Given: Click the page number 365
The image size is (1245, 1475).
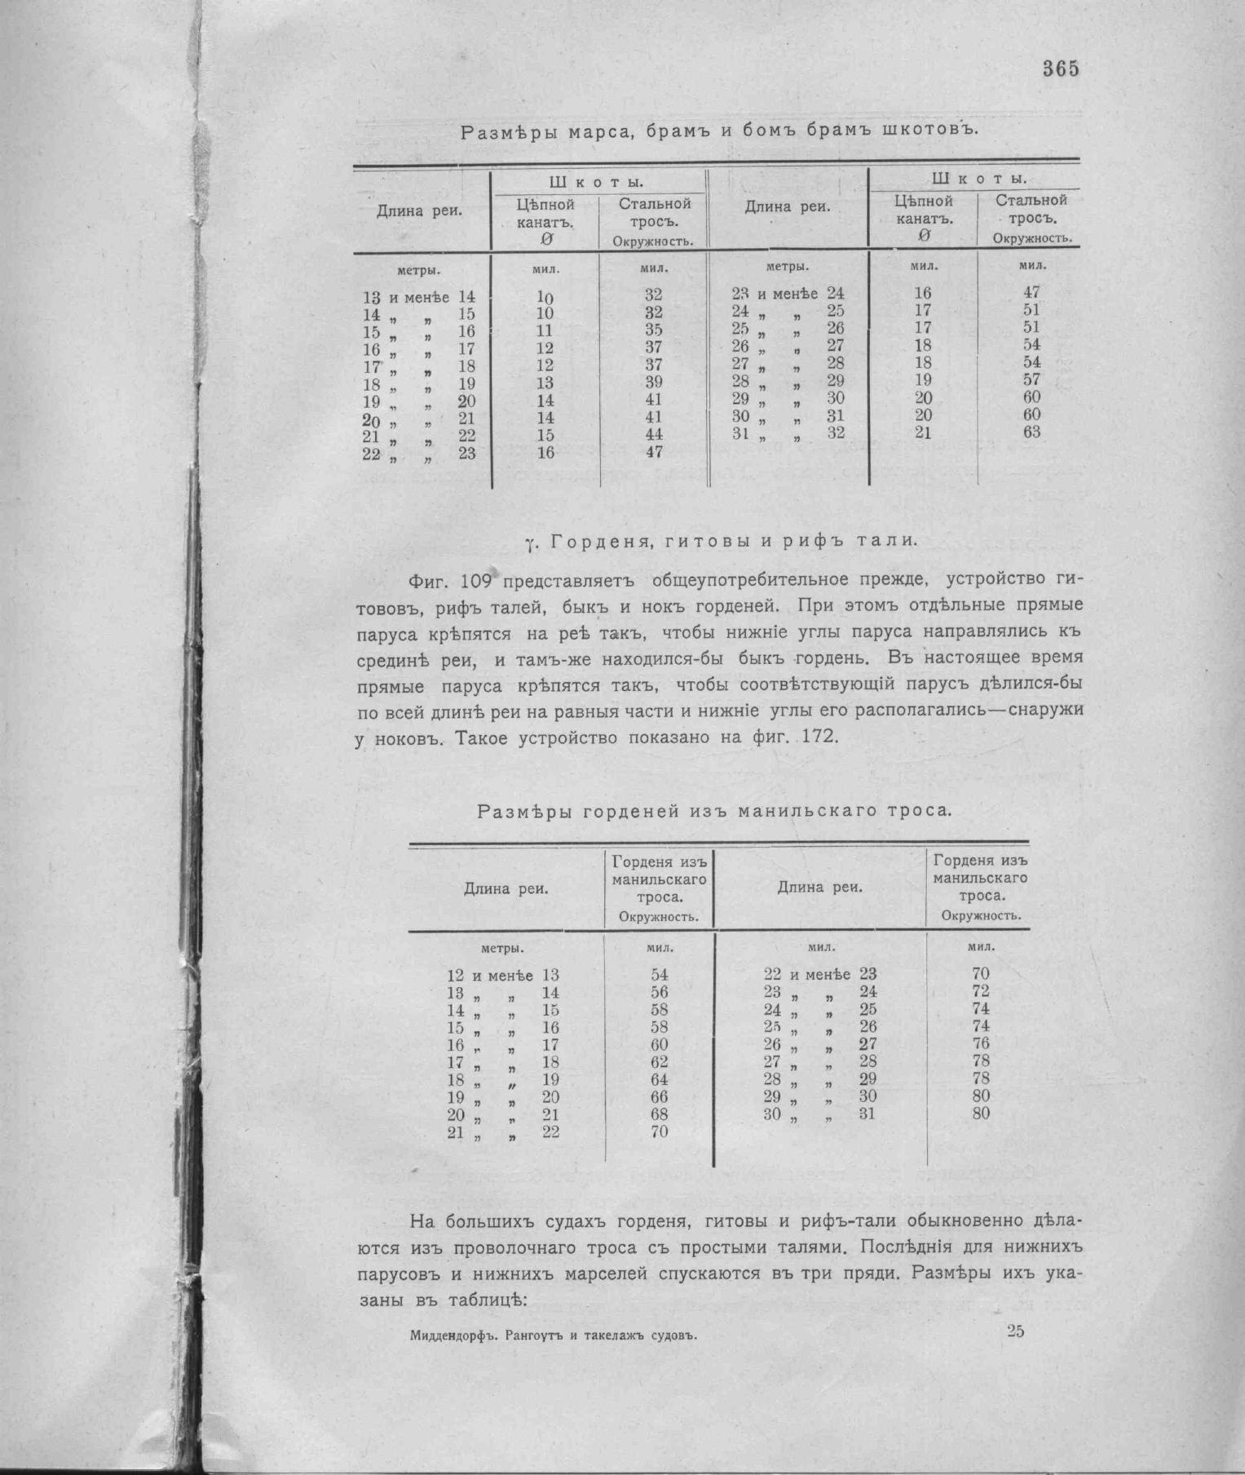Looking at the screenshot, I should [1061, 69].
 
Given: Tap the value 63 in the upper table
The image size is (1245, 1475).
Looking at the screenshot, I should [1031, 432].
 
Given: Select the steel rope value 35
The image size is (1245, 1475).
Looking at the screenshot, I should [653, 330].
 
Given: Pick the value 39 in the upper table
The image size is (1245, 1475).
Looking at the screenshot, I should [653, 383].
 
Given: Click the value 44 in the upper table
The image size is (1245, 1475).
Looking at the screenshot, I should [653, 435].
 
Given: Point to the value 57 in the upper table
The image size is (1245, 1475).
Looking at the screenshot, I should [1031, 380].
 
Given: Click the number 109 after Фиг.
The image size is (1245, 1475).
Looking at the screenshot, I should [475, 581].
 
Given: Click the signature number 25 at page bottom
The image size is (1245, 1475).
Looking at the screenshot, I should [1015, 1331].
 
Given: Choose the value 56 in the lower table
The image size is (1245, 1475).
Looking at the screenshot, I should [659, 993].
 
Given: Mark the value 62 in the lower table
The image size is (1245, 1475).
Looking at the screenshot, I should [659, 1062].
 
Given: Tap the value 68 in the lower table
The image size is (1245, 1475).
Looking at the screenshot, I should [659, 1114].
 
